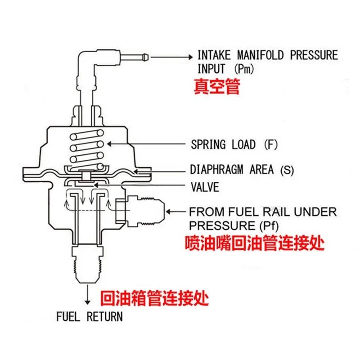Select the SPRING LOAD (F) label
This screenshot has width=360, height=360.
[x=234, y=145]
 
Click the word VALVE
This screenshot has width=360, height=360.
[x=205, y=186]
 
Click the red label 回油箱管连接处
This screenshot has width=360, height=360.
[x=155, y=297]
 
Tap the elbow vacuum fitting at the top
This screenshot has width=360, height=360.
[x=88, y=67]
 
